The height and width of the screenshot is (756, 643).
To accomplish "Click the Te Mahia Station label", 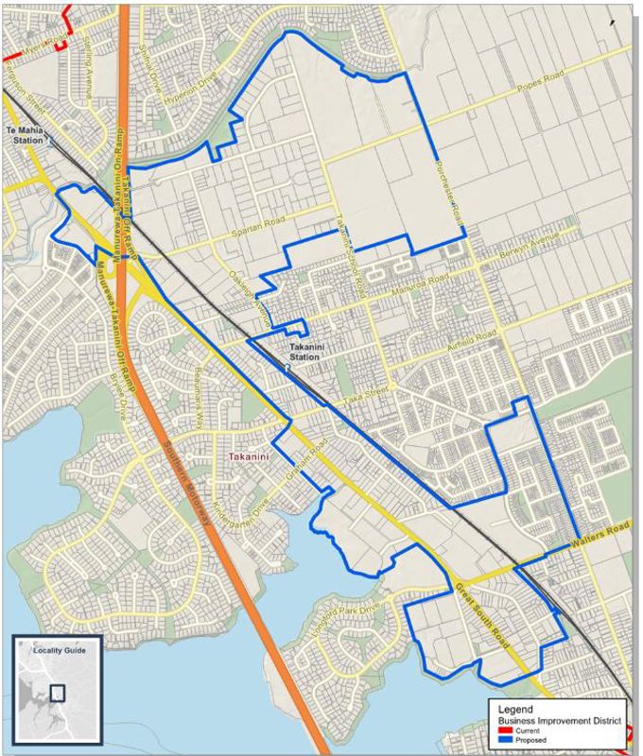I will pyautogui.click(x=26, y=131).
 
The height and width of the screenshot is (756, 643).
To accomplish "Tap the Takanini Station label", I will pyautogui.click(x=304, y=352).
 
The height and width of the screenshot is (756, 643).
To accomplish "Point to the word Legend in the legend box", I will pyautogui.click(x=514, y=709).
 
